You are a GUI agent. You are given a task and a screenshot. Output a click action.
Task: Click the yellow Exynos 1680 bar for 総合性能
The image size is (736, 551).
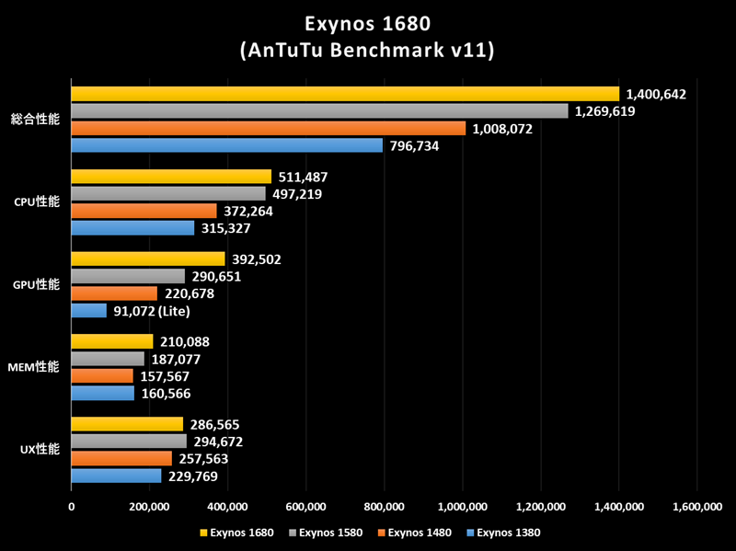(x=345, y=94)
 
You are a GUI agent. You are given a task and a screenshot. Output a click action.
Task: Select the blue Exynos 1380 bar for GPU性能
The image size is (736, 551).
(x=89, y=311)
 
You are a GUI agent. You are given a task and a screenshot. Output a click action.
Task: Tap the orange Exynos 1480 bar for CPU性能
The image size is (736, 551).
(x=144, y=211)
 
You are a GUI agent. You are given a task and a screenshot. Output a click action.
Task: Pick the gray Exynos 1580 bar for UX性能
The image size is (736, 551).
(x=129, y=442)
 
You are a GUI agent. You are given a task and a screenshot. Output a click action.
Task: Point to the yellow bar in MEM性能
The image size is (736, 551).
(x=112, y=342)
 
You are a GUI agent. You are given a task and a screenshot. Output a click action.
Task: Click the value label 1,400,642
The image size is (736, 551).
(x=656, y=94)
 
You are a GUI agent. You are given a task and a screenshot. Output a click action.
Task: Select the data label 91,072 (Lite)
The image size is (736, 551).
(x=152, y=311)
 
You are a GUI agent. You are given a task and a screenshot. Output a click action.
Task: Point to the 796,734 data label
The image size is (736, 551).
(x=420, y=145)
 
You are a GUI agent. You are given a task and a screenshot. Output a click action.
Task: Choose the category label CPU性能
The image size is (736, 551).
(x=38, y=201)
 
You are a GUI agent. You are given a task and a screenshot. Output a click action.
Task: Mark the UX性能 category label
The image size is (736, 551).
(x=40, y=450)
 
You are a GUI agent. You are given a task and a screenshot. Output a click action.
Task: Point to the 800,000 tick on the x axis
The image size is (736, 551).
(x=384, y=507)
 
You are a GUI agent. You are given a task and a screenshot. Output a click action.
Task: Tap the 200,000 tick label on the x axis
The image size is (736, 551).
(x=149, y=507)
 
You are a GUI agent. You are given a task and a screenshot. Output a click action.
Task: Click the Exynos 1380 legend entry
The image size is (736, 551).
(x=503, y=532)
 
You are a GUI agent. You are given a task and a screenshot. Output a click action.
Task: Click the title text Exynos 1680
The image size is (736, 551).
(x=367, y=22)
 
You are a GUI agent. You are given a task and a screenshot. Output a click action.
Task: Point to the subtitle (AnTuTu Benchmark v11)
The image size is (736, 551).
(x=367, y=50)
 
